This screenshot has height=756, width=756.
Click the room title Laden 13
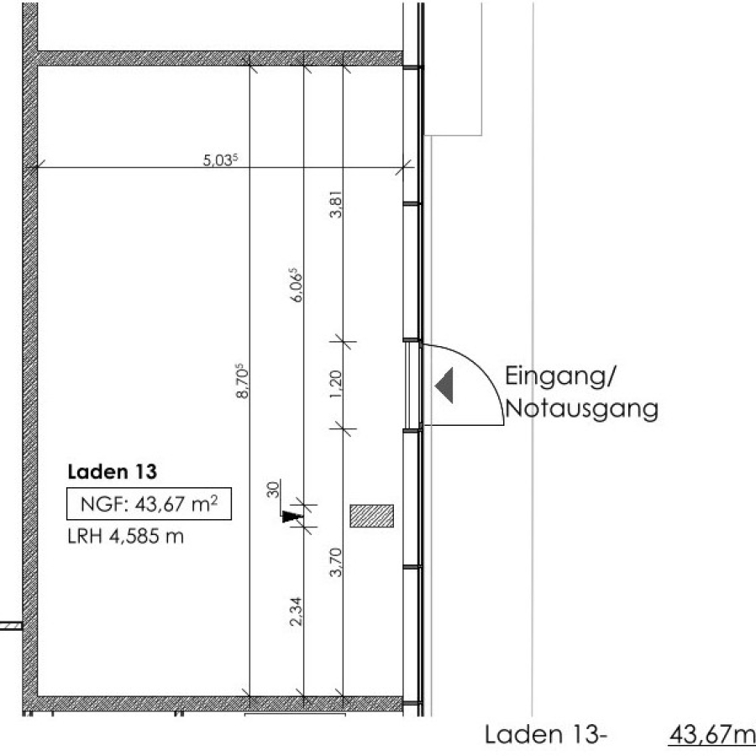click(x=113, y=471)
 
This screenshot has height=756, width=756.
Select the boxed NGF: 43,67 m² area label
click(x=149, y=504)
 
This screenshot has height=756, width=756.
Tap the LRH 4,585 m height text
click(x=126, y=536)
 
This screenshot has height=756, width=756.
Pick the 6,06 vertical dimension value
click(x=296, y=285)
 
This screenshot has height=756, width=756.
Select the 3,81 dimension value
click(x=336, y=204)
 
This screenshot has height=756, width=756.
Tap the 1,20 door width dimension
click(x=336, y=384)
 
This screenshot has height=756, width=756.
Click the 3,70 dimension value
click(x=336, y=562)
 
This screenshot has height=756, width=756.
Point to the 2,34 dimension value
click(x=296, y=612)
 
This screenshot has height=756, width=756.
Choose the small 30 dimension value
click(x=273, y=490)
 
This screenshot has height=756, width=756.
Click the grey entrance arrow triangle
click(x=444, y=386)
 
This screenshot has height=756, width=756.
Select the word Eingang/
click(x=560, y=376)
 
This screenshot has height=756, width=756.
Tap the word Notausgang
click(x=582, y=409)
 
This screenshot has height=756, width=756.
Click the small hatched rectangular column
click(x=372, y=516)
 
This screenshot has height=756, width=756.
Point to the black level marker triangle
click(x=291, y=517)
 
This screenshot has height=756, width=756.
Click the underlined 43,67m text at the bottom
click(x=711, y=735)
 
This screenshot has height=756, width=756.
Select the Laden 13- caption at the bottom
click(x=544, y=735)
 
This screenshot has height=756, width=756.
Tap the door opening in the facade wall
click(x=412, y=385)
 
